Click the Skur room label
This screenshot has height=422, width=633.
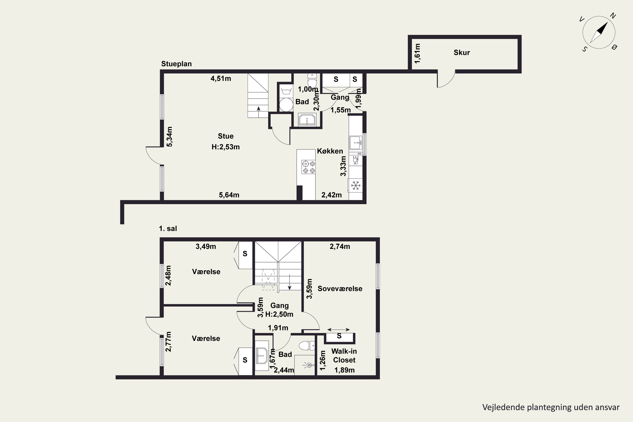[x=462, y=53]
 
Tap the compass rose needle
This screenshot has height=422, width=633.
[x=599, y=32]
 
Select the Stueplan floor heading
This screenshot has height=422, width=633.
[x=176, y=64]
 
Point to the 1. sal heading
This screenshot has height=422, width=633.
[x=168, y=229]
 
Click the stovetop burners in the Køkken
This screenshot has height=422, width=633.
[x=308, y=167]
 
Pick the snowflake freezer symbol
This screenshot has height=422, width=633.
[x=356, y=185]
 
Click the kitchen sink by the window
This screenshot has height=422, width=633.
[x=356, y=143]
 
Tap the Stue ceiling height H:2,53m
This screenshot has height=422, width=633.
[x=226, y=147]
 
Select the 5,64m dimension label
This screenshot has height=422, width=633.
[x=229, y=195]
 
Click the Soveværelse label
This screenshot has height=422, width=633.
[x=340, y=288]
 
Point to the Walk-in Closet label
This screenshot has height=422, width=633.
[x=344, y=356]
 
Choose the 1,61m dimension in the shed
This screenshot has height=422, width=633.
[x=417, y=53]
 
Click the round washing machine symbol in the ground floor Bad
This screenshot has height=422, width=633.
[x=286, y=105]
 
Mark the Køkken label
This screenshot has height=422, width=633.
[x=330, y=151]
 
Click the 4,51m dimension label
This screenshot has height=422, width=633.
[x=221, y=78]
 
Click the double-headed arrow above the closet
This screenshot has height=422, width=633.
[x=339, y=329]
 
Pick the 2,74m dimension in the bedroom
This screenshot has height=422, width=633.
[x=340, y=246]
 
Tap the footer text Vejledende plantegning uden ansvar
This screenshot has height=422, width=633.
[x=551, y=407]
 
